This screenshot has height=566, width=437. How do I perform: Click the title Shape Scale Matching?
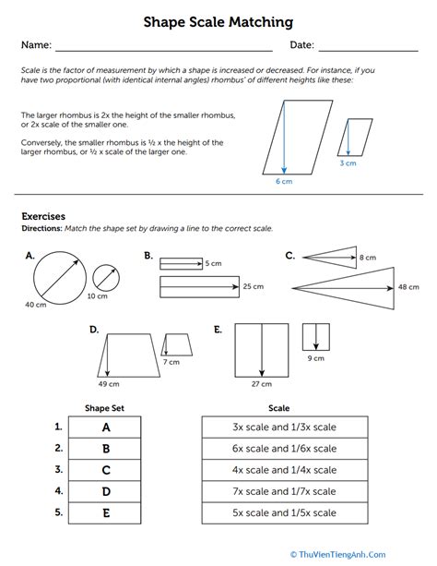click(x=218, y=20)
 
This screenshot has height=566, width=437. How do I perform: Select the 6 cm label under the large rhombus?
click(x=283, y=183)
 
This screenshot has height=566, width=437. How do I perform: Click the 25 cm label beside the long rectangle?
click(x=253, y=287)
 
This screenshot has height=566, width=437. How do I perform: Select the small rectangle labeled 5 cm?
click(x=182, y=263)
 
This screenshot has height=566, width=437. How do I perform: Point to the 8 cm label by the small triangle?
click(x=368, y=257)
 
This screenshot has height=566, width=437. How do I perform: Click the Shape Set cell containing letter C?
click(x=105, y=471)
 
